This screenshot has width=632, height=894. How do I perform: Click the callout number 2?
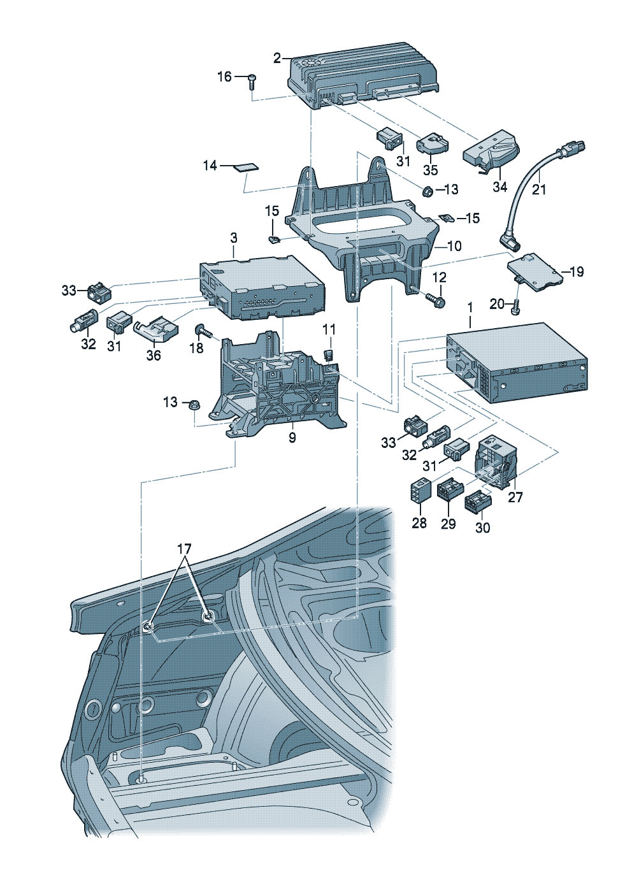[x=277, y=59]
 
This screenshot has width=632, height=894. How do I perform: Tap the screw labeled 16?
[x=253, y=80]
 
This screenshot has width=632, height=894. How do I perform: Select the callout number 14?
[x=210, y=166]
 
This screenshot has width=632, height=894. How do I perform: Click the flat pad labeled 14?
[x=247, y=167]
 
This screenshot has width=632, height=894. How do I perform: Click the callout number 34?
[x=500, y=187]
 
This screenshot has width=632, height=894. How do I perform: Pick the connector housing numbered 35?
[x=432, y=145]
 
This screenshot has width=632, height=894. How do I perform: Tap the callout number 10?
[x=454, y=246]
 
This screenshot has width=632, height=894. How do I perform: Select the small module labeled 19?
[x=534, y=271]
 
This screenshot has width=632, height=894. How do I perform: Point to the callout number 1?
[x=470, y=307]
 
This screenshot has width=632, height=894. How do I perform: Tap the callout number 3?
[x=234, y=238]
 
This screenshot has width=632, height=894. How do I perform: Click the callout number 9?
[x=292, y=438]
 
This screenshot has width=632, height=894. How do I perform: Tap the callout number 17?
[x=183, y=549]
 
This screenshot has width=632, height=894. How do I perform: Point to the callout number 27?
[x=515, y=497]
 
